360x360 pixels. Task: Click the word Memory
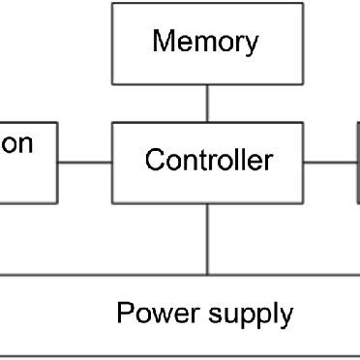coord(206,43)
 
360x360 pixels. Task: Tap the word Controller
coord(208,160)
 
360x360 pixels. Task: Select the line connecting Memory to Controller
coord(207,103)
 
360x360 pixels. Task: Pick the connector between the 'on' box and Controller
coord(84,163)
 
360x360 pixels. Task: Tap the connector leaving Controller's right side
coord(330,163)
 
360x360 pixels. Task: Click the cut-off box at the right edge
coord(357,163)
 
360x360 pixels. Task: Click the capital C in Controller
coord(154,160)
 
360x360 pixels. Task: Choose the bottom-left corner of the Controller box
coord(112,203)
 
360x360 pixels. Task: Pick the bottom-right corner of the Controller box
coord(302,203)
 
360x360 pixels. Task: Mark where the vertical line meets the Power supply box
coord(207,275)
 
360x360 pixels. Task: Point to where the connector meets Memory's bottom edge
coord(207,83)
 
